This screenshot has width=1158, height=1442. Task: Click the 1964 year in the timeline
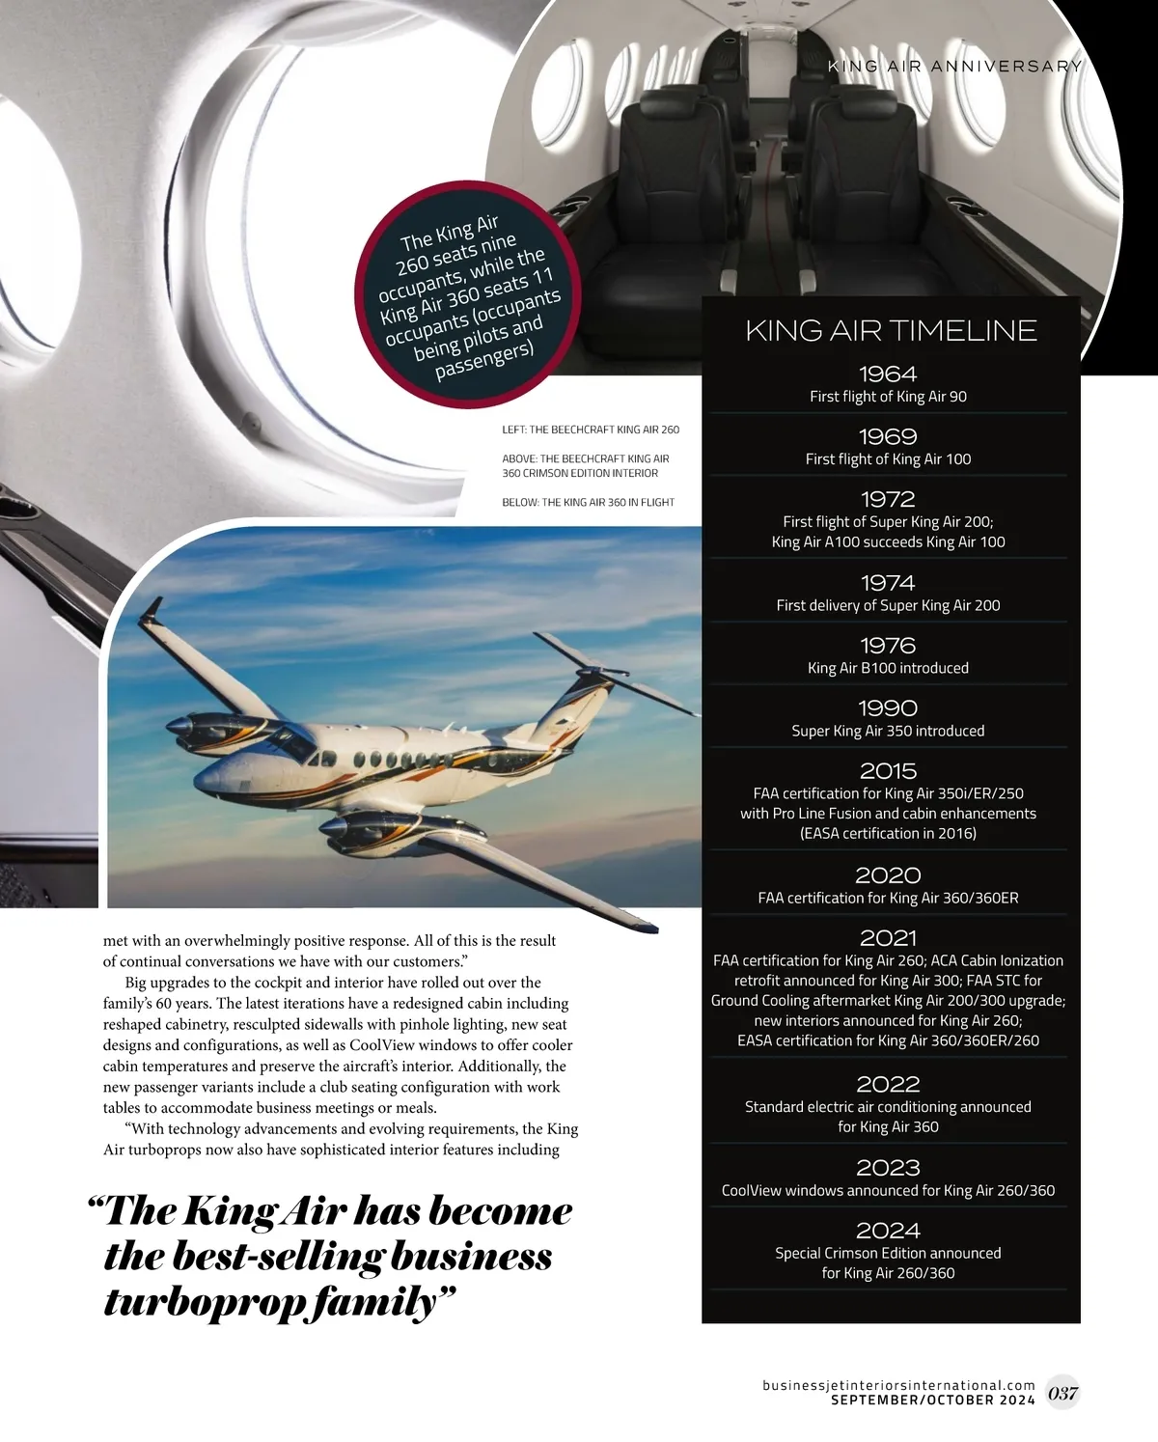click(888, 374)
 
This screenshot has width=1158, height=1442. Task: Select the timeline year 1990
click(888, 708)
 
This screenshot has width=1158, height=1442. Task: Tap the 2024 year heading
click(888, 1231)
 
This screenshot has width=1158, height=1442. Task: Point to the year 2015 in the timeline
click(888, 771)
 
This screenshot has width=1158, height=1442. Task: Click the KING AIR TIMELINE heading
click(891, 331)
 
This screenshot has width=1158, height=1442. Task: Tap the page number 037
click(1062, 1393)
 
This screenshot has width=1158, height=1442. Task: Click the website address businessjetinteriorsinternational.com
click(898, 1385)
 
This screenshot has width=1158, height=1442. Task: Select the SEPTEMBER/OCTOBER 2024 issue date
click(932, 1400)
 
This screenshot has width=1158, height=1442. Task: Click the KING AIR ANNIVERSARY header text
click(954, 67)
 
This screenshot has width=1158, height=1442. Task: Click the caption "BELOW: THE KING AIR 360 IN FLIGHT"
click(588, 503)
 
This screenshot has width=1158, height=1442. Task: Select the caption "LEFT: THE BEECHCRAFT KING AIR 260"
click(591, 430)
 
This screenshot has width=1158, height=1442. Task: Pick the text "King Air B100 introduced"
click(888, 668)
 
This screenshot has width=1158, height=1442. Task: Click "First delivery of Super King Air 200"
click(888, 606)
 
